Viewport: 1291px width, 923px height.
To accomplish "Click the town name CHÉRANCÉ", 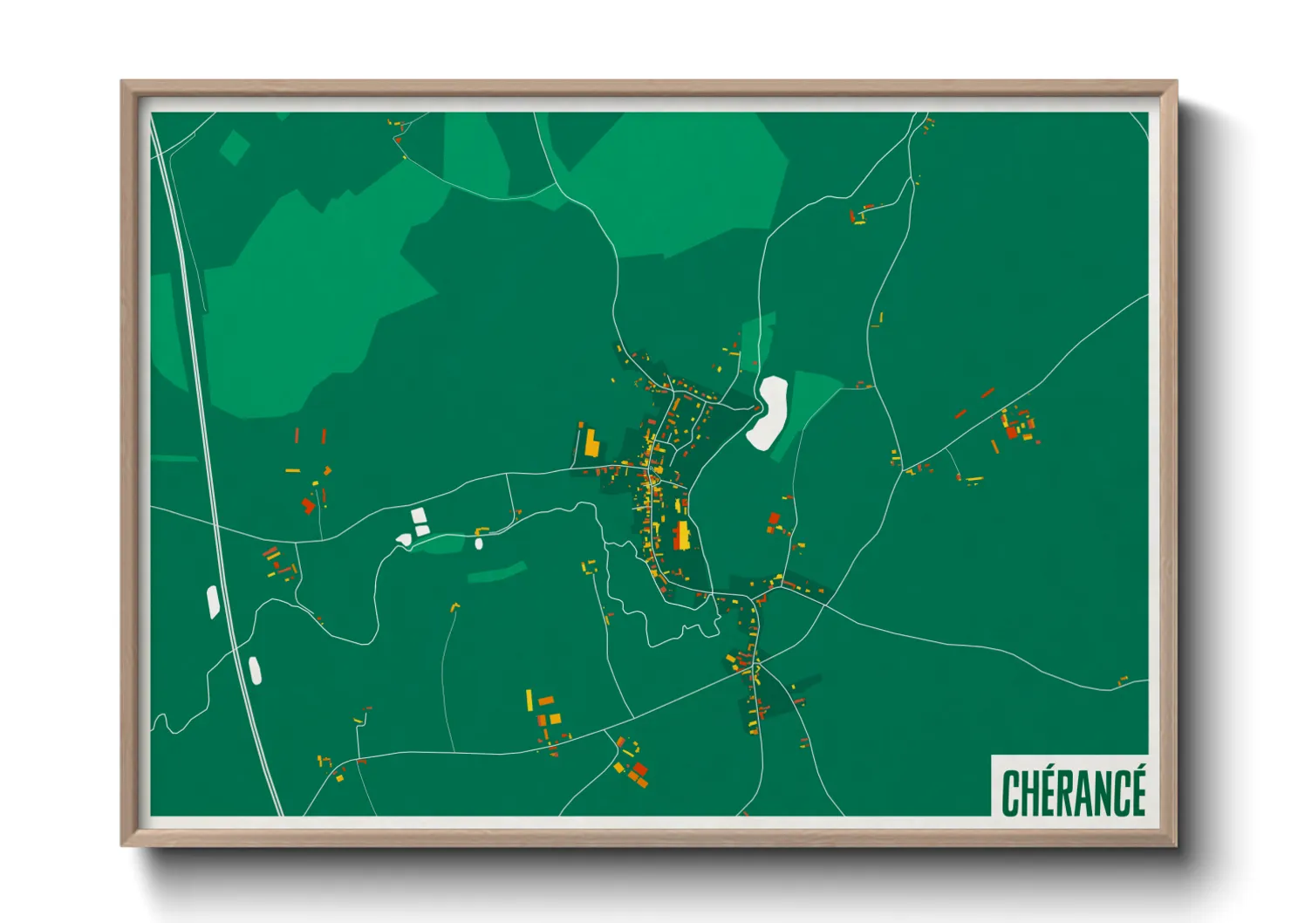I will tap(1073, 792).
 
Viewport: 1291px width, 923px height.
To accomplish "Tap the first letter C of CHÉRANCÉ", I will tap(1011, 792).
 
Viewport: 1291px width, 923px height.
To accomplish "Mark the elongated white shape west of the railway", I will tap(213, 602).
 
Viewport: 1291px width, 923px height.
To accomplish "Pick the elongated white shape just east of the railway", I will tap(255, 670).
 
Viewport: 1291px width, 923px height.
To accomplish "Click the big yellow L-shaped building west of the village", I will tap(591, 443).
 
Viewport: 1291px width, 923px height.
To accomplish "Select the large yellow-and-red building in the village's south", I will tap(681, 535).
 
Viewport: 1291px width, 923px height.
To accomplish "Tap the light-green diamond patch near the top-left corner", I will tap(234, 147).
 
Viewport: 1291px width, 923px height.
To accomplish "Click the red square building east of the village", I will tap(774, 519).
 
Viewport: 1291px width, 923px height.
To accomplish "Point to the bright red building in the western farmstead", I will tap(307, 505).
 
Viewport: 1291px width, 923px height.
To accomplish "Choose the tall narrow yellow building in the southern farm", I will tap(529, 700).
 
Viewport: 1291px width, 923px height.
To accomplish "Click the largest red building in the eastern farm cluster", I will tap(1012, 432).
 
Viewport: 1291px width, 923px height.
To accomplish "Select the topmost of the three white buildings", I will tap(419, 516).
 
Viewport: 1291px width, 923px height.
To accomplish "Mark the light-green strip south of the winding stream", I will tap(497, 572).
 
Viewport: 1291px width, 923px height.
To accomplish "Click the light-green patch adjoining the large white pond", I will tap(808, 410).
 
